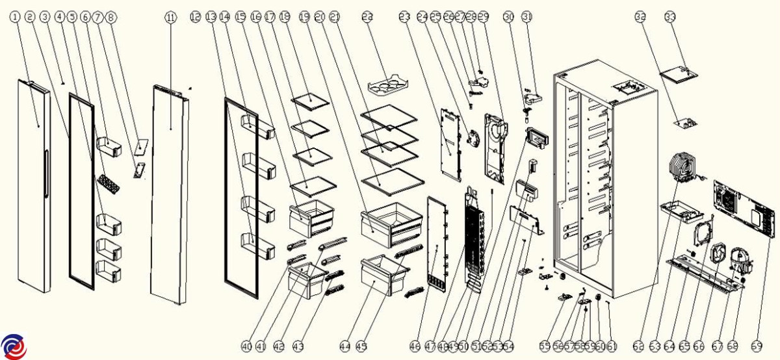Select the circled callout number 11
tap(170, 18)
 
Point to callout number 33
tap(670, 18)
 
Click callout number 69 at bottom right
tap(756, 346)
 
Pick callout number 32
tap(641, 18)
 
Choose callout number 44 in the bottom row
tap(344, 346)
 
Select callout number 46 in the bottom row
tap(415, 346)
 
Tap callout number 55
tap(544, 346)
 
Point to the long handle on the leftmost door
tap(45, 172)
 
